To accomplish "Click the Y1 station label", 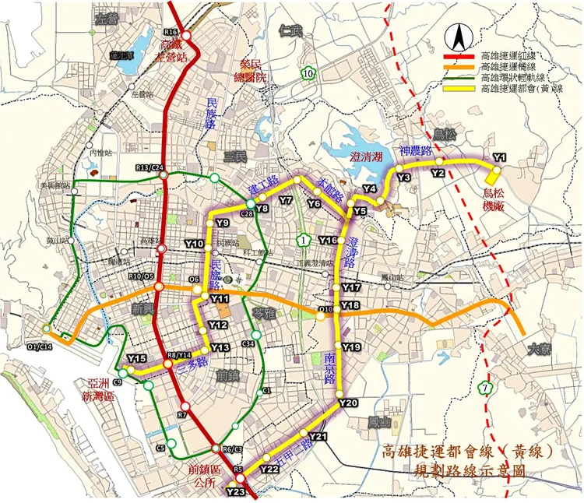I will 500,157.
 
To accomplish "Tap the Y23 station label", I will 235,491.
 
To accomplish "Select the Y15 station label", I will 137,358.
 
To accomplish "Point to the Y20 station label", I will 348,403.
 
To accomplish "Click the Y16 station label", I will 327,240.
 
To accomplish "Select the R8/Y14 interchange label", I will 178,356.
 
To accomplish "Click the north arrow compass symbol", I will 460,36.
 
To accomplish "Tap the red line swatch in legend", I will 459,57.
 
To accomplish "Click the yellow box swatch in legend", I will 459,88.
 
